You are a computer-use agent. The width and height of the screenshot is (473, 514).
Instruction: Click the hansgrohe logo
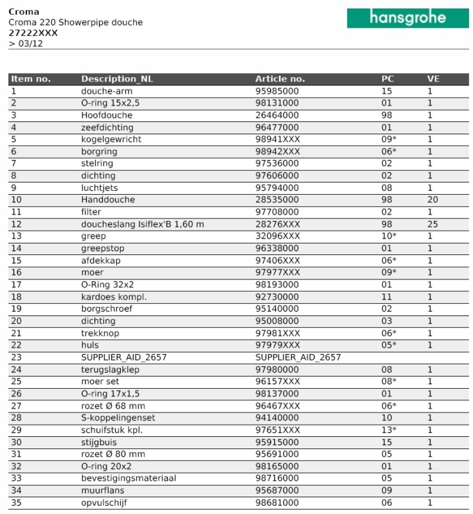click(407, 18)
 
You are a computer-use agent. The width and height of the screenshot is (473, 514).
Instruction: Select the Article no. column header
click(280, 79)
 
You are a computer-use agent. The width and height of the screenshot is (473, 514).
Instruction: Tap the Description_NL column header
click(117, 79)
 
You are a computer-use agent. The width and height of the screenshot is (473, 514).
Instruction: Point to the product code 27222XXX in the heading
click(33, 33)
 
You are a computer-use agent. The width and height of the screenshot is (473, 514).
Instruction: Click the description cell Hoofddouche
click(107, 115)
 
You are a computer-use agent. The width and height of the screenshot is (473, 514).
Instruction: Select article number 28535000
click(277, 200)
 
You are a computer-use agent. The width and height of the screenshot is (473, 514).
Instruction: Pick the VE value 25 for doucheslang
click(433, 224)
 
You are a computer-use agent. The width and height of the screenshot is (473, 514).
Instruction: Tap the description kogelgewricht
click(111, 139)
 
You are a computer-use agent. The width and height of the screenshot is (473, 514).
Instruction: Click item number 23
click(17, 357)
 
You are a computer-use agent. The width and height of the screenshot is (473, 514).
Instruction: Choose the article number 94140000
click(277, 418)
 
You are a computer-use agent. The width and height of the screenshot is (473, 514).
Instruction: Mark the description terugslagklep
click(111, 369)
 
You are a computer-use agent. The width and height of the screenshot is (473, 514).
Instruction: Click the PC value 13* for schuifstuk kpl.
click(389, 430)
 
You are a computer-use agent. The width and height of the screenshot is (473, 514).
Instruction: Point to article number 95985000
click(277, 91)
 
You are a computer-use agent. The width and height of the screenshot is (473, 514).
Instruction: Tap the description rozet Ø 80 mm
click(113, 454)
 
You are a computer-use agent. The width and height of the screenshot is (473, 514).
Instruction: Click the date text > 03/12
click(26, 43)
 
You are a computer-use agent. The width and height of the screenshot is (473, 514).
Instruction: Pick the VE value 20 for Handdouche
click(433, 200)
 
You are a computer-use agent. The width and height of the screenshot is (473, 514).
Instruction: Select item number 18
click(17, 297)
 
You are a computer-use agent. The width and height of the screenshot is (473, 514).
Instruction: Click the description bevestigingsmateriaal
click(129, 478)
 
